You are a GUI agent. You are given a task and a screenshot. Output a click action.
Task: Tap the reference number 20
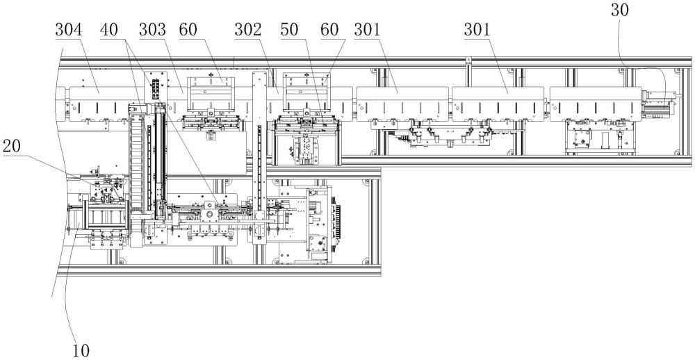13,148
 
